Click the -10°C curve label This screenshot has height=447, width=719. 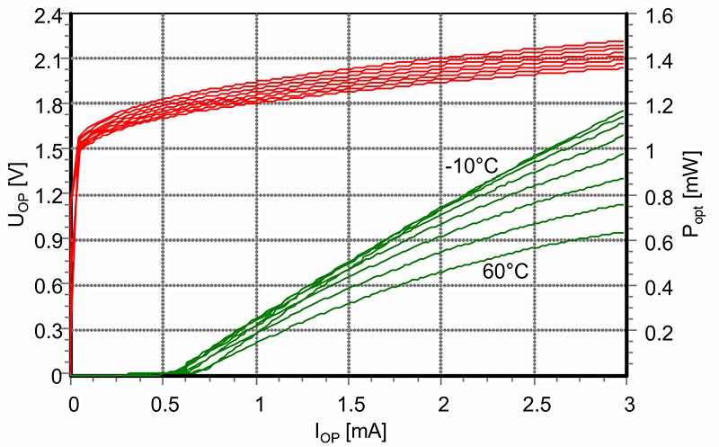(470, 167)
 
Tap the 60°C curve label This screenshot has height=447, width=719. (505, 267)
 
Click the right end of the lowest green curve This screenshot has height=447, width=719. (623, 233)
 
